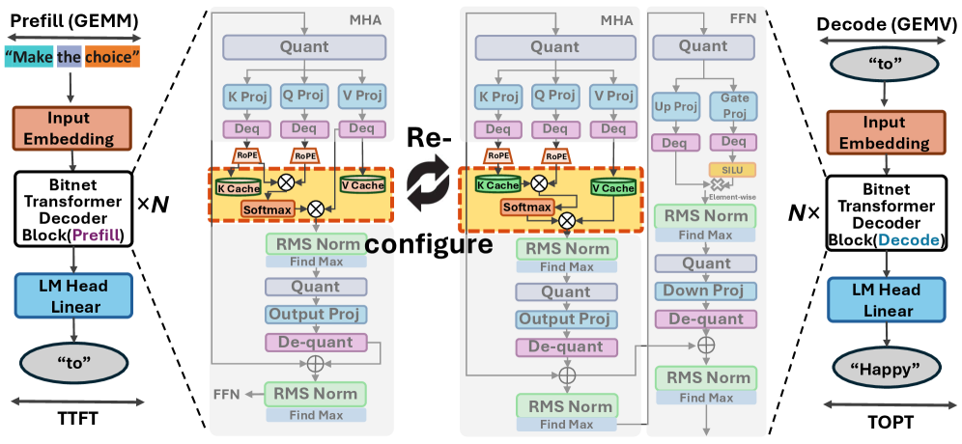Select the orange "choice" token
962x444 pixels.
[111, 59]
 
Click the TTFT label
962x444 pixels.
[73, 417]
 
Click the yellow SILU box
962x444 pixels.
[730, 169]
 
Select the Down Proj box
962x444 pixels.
[704, 291]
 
